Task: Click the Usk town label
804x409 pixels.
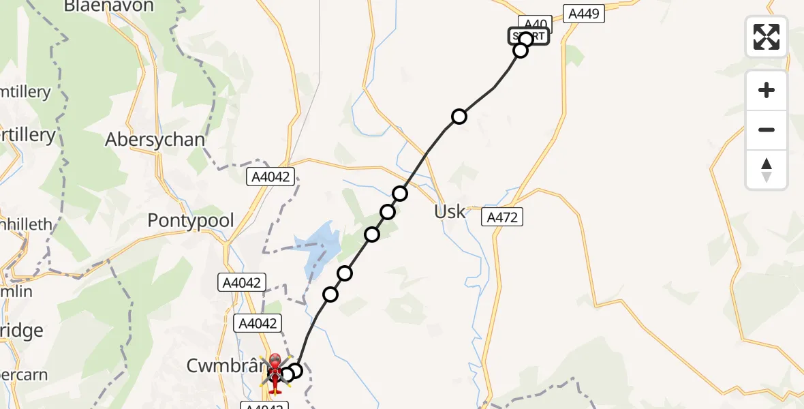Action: click(450, 211)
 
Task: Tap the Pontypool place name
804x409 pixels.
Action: click(191, 221)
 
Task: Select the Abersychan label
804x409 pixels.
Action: click(155, 140)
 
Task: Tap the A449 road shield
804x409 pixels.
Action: click(584, 13)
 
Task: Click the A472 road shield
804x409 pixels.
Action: click(503, 217)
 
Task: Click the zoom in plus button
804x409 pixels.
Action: click(767, 90)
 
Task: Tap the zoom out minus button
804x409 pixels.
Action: click(767, 130)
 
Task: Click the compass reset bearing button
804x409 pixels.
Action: click(767, 170)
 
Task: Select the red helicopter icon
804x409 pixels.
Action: click(275, 374)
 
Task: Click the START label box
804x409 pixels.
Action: click(529, 36)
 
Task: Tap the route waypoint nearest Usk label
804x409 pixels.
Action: click(400, 194)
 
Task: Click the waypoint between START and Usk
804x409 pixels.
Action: click(459, 117)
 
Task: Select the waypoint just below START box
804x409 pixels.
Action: click(521, 50)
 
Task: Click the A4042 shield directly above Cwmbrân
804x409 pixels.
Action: click(256, 324)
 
